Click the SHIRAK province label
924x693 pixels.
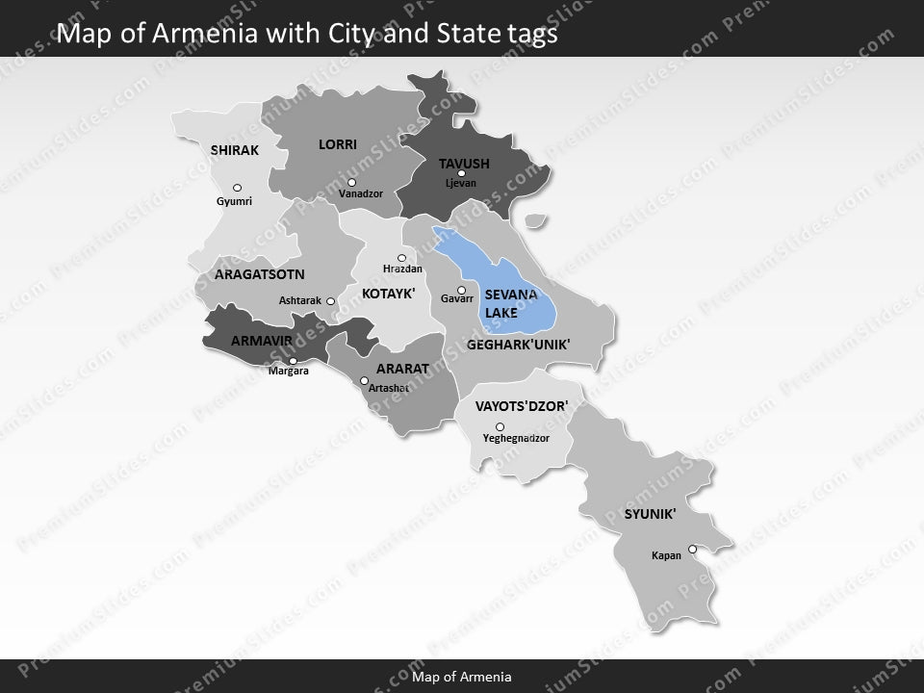[235, 150]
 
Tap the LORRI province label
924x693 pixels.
[338, 144]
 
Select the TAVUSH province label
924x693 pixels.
[464, 164]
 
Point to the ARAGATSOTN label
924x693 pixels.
[259, 274]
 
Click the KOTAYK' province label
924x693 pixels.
[388, 293]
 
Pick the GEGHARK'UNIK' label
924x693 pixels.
[518, 344]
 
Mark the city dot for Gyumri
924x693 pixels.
[237, 188]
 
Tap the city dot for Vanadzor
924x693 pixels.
[352, 182]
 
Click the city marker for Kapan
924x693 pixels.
[692, 550]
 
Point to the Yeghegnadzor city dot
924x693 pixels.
[500, 426]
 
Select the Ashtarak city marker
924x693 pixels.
[330, 301]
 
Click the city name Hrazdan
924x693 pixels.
[402, 269]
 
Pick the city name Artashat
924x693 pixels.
[389, 388]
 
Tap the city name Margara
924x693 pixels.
[289, 372]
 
